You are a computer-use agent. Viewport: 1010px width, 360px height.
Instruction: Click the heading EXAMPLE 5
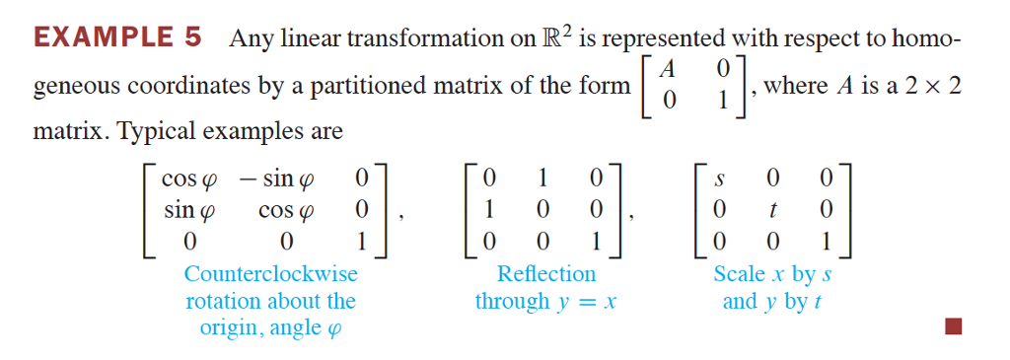[x=117, y=38]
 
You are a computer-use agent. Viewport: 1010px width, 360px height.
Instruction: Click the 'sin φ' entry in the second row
[x=185, y=210]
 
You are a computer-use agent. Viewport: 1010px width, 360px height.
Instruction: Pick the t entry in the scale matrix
[x=773, y=210]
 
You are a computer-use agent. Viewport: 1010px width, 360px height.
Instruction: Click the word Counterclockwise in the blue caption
[x=271, y=273]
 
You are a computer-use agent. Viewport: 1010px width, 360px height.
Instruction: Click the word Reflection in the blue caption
[x=546, y=273]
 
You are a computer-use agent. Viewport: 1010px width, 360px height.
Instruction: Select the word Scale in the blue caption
[x=739, y=273]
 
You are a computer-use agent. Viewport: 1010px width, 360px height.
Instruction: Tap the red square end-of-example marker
[x=953, y=325]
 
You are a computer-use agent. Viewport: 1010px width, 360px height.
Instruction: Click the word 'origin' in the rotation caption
[x=230, y=327]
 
